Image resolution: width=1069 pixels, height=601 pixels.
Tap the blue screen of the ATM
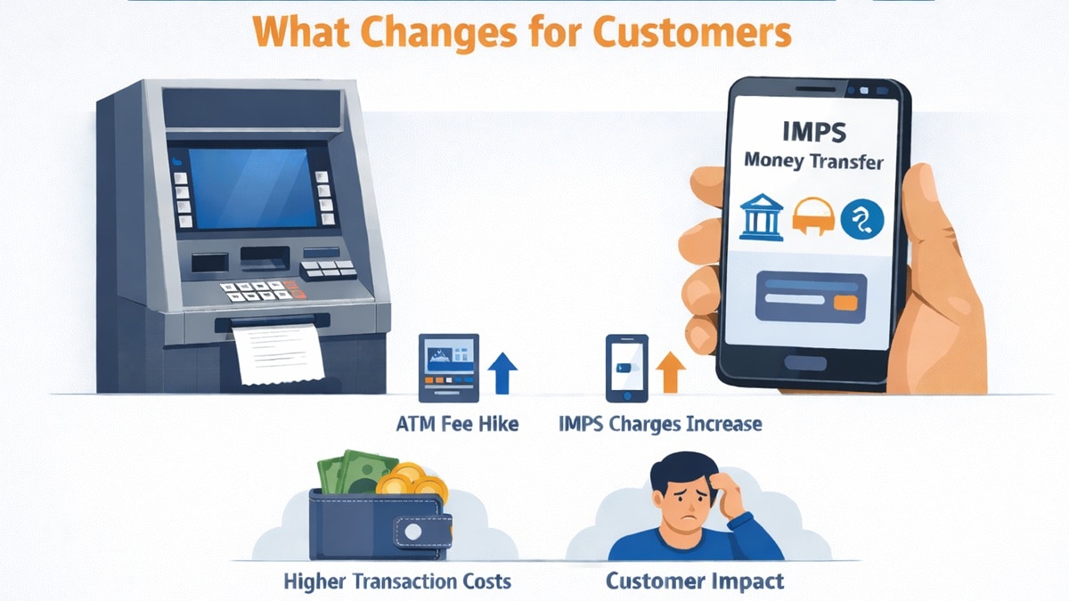point(250,187)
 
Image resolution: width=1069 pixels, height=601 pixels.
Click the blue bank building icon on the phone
point(762,215)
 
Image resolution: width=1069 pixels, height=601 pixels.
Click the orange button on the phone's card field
point(845,303)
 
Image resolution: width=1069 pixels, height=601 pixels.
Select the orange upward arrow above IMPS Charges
point(670,371)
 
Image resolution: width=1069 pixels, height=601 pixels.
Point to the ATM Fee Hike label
point(456,424)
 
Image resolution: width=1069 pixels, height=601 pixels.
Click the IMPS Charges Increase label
point(660,424)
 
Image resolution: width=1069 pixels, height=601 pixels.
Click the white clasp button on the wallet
point(413,532)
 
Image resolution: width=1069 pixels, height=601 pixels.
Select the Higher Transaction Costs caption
point(397,581)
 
